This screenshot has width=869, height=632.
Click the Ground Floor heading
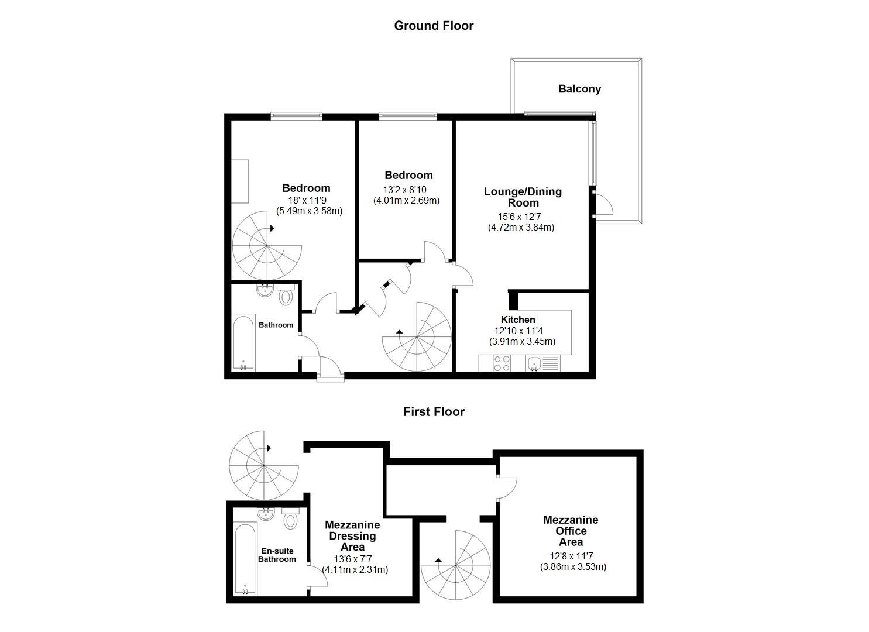click(x=434, y=26)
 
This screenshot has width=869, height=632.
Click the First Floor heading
click(x=434, y=411)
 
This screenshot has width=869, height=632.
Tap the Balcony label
click(x=579, y=89)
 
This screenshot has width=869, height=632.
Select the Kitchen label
click(x=518, y=320)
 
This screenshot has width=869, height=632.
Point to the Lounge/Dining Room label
click(x=523, y=197)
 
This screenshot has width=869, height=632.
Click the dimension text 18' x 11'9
click(x=307, y=201)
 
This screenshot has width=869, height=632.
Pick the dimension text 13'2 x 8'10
click(x=404, y=190)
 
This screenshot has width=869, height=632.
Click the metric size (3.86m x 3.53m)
click(x=573, y=567)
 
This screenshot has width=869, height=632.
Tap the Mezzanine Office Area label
click(x=571, y=531)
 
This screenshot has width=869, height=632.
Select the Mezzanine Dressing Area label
click(x=352, y=536)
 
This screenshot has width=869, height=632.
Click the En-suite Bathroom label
click(x=277, y=555)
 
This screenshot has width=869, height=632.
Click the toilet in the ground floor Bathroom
click(x=286, y=295)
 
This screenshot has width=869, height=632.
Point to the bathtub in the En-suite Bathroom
click(x=245, y=559)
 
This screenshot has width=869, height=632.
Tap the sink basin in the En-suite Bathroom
click(x=266, y=514)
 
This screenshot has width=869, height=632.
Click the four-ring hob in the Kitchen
click(x=502, y=363)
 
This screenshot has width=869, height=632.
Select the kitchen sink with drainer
click(x=542, y=363)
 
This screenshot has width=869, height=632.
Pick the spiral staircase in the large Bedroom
click(x=266, y=246)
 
